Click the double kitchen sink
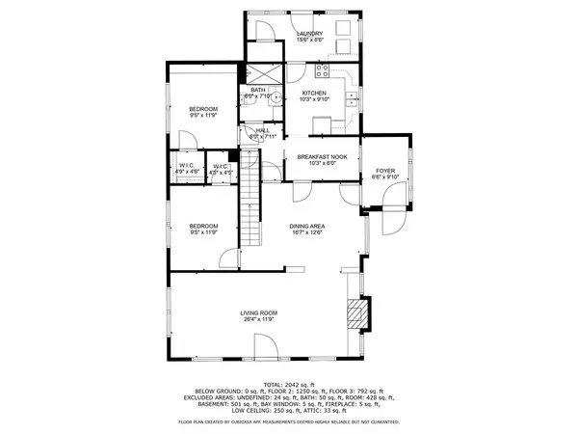(353, 96)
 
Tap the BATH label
(259, 90)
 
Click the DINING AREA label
(313, 227)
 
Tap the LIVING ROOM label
(259, 312)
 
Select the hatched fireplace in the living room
(356, 313)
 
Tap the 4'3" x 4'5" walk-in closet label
(221, 168)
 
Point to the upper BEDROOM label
(202, 108)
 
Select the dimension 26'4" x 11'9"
(259, 319)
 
